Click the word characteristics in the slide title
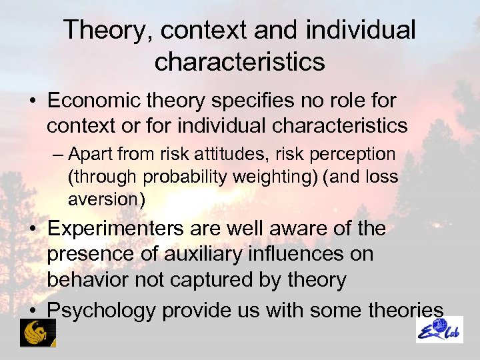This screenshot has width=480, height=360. (239, 62)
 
